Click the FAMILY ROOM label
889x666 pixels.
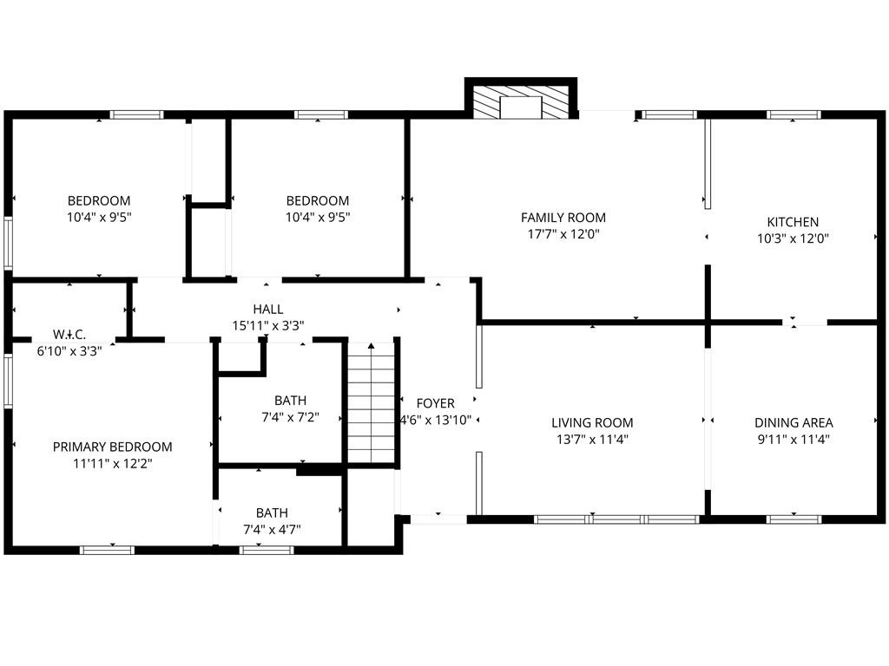pos(563,218)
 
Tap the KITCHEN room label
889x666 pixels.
pos(793,222)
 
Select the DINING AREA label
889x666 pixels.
pos(794,422)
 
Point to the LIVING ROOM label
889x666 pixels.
pos(592,422)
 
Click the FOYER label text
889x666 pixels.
pos(436,403)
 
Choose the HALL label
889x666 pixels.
pos(268,310)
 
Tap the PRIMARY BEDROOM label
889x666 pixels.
pos(112,447)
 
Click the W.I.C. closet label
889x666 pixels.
pos(69,334)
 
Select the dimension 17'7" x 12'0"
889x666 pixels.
pos(563,234)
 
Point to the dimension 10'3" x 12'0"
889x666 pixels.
pos(793,238)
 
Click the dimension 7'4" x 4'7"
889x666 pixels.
pos(272,530)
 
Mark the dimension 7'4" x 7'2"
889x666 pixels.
pos(290,417)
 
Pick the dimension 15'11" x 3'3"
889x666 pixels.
pos(268,326)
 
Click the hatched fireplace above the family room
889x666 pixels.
pos(521,102)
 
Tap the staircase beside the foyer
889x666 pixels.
pos(371,402)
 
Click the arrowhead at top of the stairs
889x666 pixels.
pos(371,345)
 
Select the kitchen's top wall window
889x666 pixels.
pos(794,115)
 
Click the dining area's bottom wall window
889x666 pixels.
pos(794,519)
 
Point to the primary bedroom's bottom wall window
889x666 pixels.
pos(107,550)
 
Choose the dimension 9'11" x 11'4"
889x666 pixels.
pos(794,439)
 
